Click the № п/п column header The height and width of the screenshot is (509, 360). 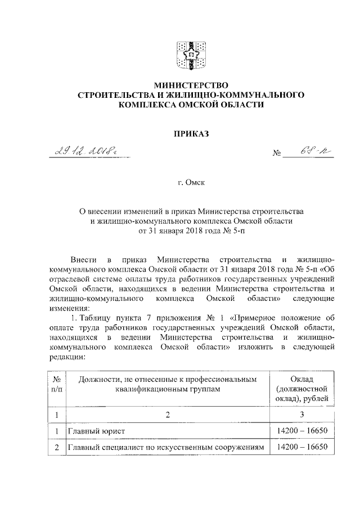click(57, 385)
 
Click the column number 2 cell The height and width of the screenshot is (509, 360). click(166, 415)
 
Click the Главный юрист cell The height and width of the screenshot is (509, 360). click(96, 431)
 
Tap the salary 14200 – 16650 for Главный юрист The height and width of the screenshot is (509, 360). click(303, 431)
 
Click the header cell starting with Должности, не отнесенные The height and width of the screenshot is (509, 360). click(166, 385)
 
